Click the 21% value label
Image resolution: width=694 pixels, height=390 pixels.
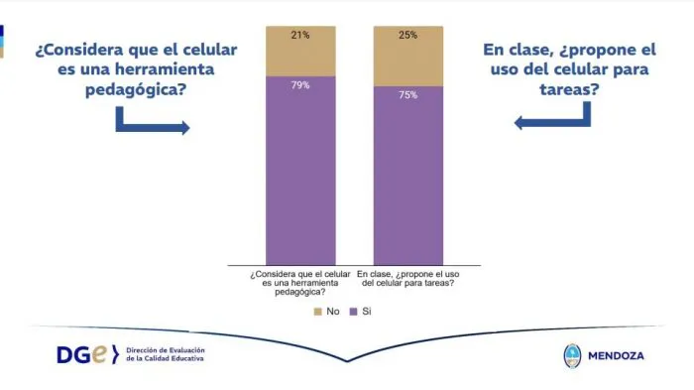300,35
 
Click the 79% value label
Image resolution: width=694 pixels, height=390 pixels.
300,85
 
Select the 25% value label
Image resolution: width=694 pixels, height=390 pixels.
407,35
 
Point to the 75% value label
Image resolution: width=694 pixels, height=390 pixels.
407,95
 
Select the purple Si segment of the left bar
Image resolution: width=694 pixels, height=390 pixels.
300,169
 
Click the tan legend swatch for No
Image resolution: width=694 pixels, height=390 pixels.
318,311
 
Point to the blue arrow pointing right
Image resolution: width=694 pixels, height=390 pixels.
152,123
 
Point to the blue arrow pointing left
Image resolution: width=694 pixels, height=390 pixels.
551,118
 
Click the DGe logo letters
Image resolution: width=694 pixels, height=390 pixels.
86,353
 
